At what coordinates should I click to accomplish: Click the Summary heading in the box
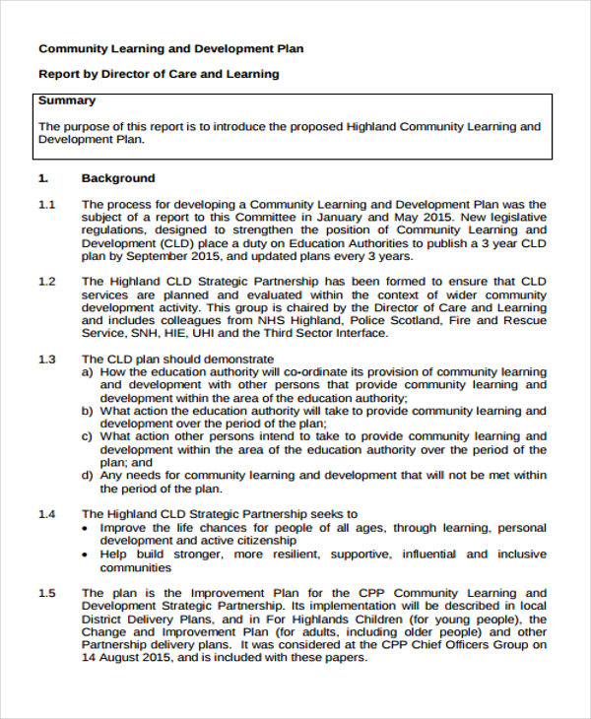[66, 100]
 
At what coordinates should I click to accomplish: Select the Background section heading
[117, 178]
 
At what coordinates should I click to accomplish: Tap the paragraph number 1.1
[46, 204]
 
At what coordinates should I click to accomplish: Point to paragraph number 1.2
[46, 282]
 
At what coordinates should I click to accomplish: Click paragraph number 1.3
[46, 359]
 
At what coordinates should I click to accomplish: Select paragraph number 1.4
[46, 514]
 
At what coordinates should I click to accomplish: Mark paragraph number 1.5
[46, 593]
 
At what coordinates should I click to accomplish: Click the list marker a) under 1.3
[88, 372]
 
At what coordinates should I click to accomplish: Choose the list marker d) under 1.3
[88, 476]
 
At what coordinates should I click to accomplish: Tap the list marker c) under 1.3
[88, 436]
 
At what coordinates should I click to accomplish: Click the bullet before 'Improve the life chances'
[88, 528]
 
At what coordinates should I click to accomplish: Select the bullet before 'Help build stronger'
[88, 555]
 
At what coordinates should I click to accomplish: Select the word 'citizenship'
[263, 541]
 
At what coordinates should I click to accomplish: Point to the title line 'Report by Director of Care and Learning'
[159, 74]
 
